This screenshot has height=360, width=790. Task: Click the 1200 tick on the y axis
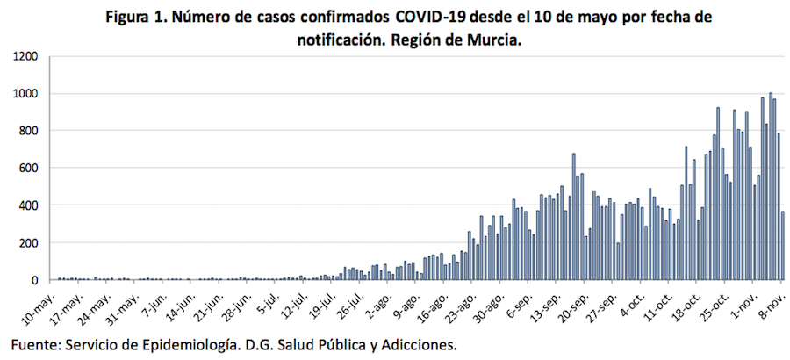click(25, 56)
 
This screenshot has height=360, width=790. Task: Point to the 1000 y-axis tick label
click(25, 94)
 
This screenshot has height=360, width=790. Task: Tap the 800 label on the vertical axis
click(28, 131)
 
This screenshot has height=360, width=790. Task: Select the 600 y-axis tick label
click(28, 169)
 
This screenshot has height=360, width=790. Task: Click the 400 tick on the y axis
click(28, 205)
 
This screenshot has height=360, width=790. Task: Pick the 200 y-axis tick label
click(28, 243)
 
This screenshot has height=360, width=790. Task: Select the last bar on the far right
click(783, 246)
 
